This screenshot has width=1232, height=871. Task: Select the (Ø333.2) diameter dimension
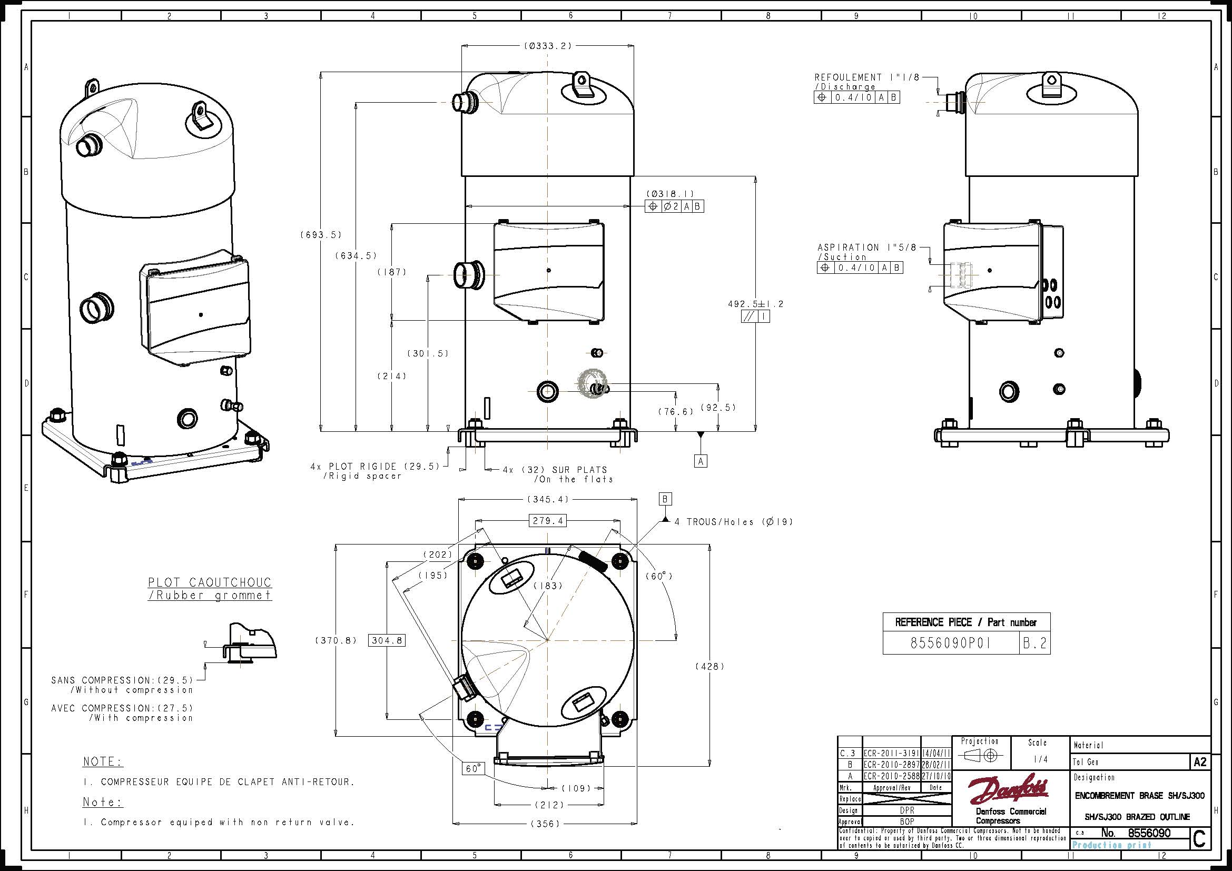[547, 46]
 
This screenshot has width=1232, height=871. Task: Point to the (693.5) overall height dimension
[321, 235]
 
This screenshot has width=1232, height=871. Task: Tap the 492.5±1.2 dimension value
[755, 304]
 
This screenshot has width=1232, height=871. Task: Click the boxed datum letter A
[700, 461]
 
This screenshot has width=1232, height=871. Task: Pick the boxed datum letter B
[665, 499]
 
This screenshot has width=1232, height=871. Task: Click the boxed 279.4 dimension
[548, 520]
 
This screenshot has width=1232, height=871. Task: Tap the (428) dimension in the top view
[710, 667]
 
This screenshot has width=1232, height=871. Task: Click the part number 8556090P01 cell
[950, 644]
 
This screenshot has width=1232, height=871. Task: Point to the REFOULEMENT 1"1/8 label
[866, 78]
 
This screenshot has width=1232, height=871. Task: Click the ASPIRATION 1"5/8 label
[866, 248]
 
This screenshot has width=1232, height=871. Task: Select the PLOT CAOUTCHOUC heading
[210, 582]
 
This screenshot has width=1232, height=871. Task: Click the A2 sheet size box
[1200, 762]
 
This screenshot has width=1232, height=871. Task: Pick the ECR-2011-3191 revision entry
[891, 754]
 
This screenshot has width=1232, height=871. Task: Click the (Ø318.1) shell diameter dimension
[670, 194]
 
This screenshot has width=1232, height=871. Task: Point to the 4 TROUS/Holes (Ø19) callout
[733, 521]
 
